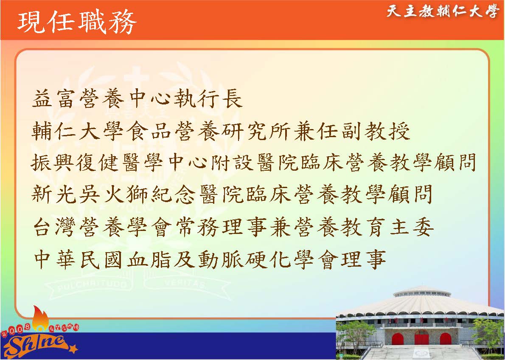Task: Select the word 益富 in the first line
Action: tap(53, 98)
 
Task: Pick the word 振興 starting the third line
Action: tap(53, 163)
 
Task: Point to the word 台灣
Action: tap(53, 227)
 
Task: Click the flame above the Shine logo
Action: tap(40, 318)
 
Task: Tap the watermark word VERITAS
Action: tap(185, 284)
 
